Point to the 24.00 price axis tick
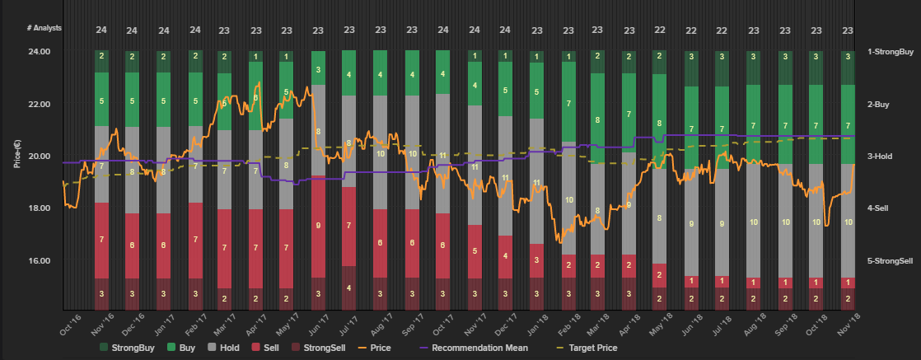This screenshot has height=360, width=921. [x=40, y=52]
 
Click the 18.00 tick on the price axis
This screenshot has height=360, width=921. [x=40, y=208]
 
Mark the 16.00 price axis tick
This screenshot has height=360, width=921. [x=40, y=261]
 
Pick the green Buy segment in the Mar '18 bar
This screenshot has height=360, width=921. [x=597, y=119]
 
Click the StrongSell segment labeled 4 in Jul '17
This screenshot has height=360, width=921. [x=349, y=287]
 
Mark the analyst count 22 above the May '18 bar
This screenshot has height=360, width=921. [x=660, y=30]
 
